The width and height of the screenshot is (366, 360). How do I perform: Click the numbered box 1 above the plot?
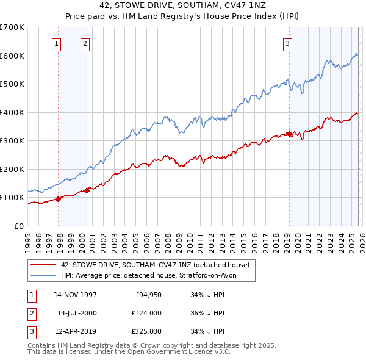pyautogui.click(x=56, y=43)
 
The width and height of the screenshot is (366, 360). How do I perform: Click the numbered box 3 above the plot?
pyautogui.click(x=287, y=43)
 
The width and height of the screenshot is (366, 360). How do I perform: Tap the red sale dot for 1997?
pyautogui.click(x=59, y=198)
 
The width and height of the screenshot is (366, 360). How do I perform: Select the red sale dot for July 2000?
pyautogui.click(x=87, y=190)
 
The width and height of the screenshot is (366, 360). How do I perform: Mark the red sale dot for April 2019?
pyautogui.click(x=289, y=134)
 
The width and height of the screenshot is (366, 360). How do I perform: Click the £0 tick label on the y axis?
pyautogui.click(x=18, y=226)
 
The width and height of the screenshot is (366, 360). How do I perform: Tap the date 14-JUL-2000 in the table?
pyautogui.click(x=76, y=313)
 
